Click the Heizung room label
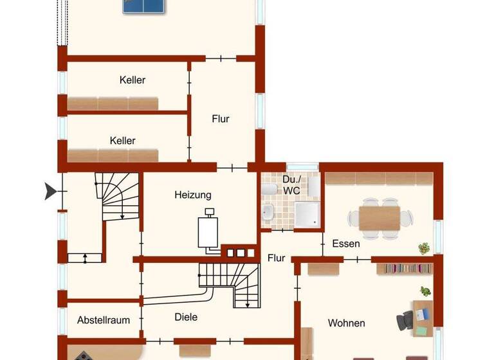(x=192, y=195)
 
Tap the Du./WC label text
(x=291, y=184)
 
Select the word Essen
(x=346, y=244)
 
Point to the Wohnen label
(x=346, y=323)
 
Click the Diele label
(x=186, y=317)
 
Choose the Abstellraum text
(x=104, y=319)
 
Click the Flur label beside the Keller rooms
(x=221, y=119)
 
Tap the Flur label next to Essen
(x=276, y=258)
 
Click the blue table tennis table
(x=145, y=6)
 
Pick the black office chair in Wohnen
(x=407, y=319)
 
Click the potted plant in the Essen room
(x=424, y=248)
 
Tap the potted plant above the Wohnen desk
(x=425, y=291)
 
